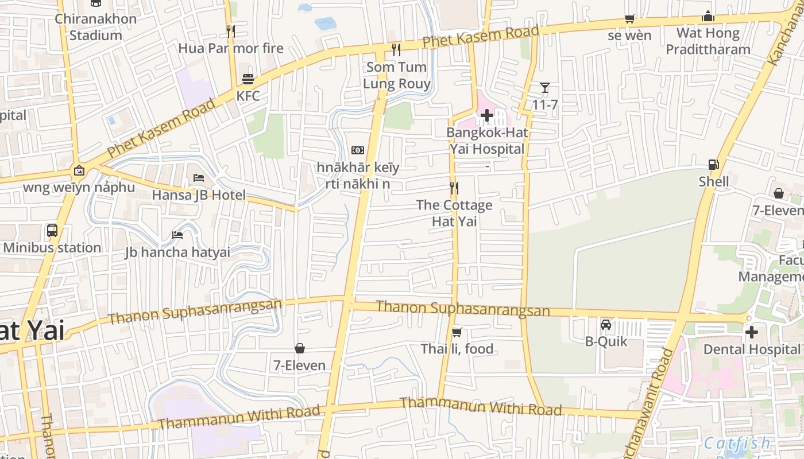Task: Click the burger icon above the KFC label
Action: point(248,79)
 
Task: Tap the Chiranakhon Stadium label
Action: point(96,27)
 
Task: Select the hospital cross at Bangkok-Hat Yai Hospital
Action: point(486,116)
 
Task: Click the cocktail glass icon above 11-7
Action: point(545,88)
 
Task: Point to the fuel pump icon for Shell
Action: point(713,165)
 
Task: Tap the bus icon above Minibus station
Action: point(52,231)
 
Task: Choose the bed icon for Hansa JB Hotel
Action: point(199,178)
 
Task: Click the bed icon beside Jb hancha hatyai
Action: point(177,235)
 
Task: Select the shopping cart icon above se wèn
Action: point(629,18)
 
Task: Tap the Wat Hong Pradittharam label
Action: point(708,41)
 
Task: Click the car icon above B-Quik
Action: point(606,325)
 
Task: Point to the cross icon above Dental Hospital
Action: point(751,332)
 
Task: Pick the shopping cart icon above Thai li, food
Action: point(457,332)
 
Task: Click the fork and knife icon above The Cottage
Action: point(454,188)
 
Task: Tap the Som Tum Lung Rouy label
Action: point(397,75)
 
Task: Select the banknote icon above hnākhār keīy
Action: point(358,150)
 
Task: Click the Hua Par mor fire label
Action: point(231,48)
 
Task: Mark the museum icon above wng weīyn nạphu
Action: point(79,170)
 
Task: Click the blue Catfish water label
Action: point(737,443)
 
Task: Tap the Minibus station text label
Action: point(52,248)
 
